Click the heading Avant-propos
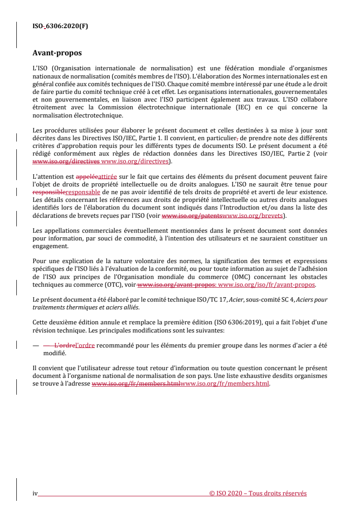(57, 53)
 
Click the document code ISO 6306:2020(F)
(60, 26)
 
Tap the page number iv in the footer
(35, 494)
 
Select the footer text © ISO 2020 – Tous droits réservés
(258, 494)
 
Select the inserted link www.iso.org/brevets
(253, 215)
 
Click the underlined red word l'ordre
(85, 345)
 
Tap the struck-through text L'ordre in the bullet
(66, 345)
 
